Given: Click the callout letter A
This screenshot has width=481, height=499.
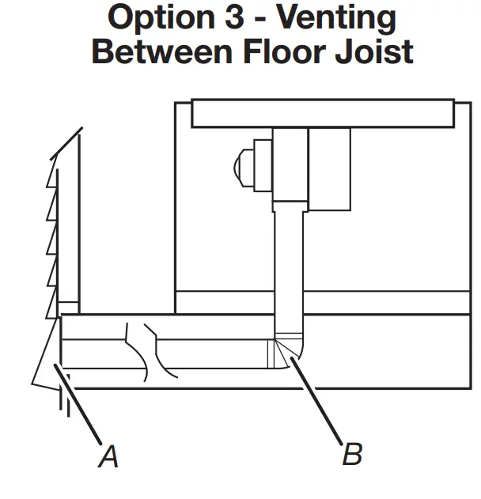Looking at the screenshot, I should (x=108, y=456).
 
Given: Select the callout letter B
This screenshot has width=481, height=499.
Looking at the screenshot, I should (x=353, y=454).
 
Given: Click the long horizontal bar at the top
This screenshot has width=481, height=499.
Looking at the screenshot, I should (x=323, y=114).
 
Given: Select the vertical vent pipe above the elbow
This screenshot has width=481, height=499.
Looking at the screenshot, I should (x=289, y=269).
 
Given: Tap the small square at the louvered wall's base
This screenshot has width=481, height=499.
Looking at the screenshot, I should (x=69, y=308).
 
